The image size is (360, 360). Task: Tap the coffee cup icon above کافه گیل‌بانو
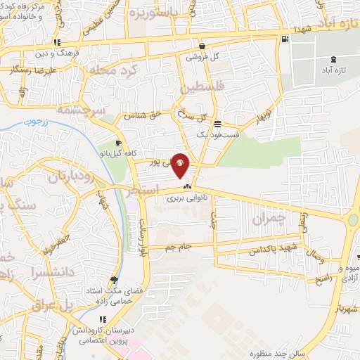pos(117,143)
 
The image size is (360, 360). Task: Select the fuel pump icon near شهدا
pos(283,39)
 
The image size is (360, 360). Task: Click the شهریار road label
pos(347,308)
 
